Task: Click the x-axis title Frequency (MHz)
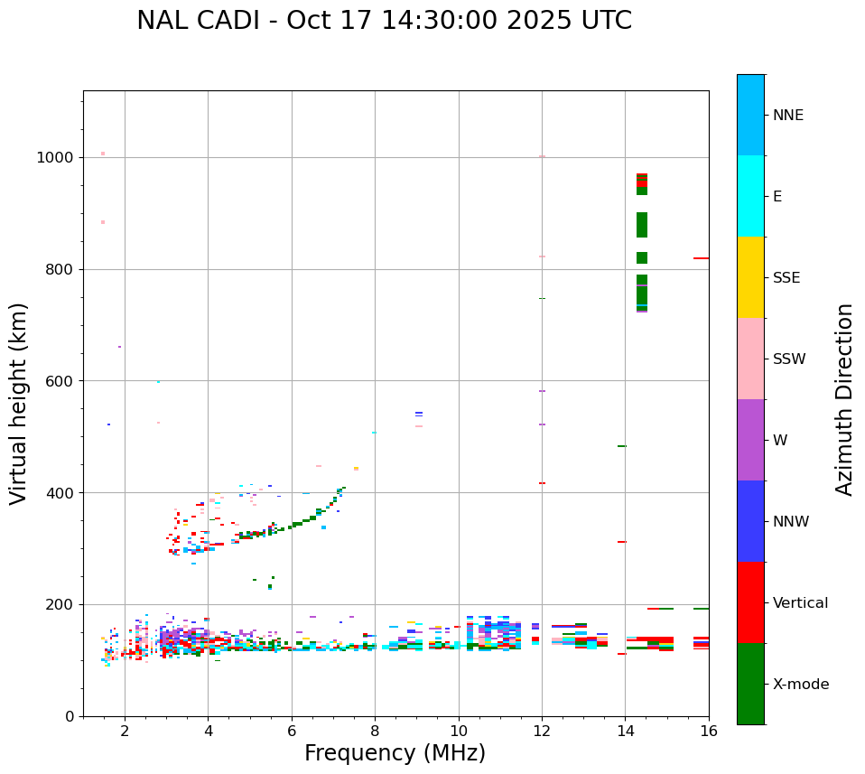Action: pyautogui.click(x=395, y=753)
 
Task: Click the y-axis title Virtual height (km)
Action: pyautogui.click(x=20, y=403)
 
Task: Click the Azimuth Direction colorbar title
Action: pyautogui.click(x=844, y=399)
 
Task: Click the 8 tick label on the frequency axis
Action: pyautogui.click(x=375, y=731)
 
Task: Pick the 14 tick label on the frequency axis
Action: pyautogui.click(x=625, y=731)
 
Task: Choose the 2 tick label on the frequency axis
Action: pyautogui.click(x=125, y=731)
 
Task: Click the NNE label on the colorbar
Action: pyautogui.click(x=787, y=116)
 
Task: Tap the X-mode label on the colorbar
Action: pyautogui.click(x=800, y=685)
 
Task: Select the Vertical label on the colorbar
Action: pyautogui.click(x=800, y=603)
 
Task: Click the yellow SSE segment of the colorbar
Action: pyautogui.click(x=750, y=277)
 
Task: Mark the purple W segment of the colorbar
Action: pyautogui.click(x=750, y=440)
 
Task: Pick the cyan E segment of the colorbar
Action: pyautogui.click(x=750, y=196)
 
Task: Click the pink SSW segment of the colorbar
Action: pyautogui.click(x=750, y=359)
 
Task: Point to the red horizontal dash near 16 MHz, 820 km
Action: pyautogui.click(x=701, y=258)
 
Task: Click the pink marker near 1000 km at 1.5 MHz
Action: pyautogui.click(x=103, y=154)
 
